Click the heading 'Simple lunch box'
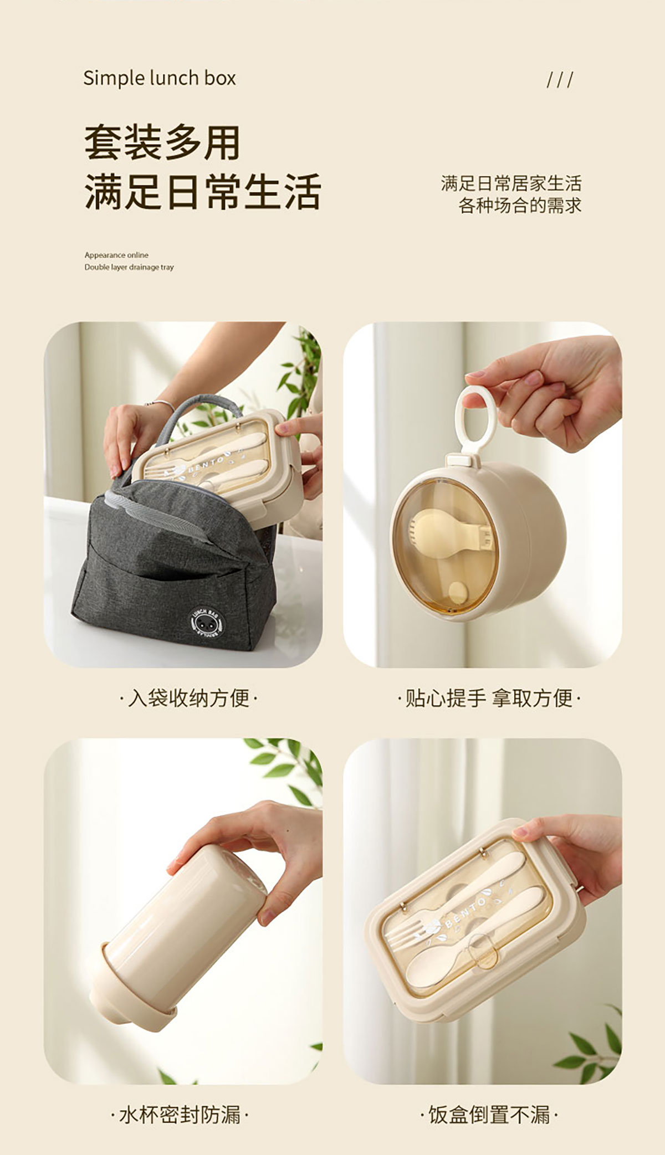click(160, 79)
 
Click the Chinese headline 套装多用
click(162, 142)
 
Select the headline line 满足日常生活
click(203, 191)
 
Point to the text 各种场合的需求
click(520, 206)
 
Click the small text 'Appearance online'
click(116, 255)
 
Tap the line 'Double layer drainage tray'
click(129, 267)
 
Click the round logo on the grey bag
click(208, 622)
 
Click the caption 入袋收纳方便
click(189, 698)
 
